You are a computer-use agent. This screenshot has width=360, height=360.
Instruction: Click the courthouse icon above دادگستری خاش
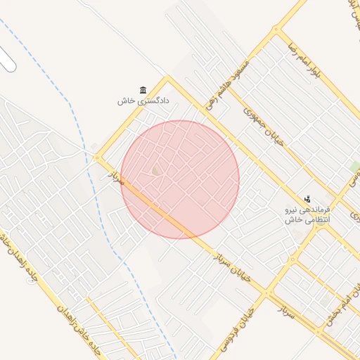pyautogui.click(x=143, y=90)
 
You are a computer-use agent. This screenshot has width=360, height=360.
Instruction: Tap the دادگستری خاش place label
pyautogui.click(x=136, y=101)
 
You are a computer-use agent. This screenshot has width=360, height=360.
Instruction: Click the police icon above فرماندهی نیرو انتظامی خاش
pyautogui.click(x=307, y=200)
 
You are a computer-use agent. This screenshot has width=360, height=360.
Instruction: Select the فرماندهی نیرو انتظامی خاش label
pyautogui.click(x=307, y=215)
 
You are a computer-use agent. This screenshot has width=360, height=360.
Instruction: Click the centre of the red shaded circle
pyautogui.click(x=180, y=179)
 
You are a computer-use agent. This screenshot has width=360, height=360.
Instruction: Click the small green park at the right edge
pyautogui.click(x=355, y=167)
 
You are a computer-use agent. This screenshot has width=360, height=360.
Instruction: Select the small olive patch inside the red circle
pyautogui.click(x=155, y=170)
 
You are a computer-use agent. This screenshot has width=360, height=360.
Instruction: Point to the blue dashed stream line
pyautogui.click(x=70, y=105)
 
